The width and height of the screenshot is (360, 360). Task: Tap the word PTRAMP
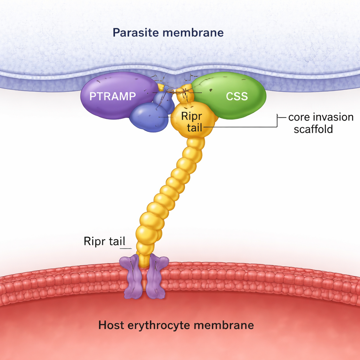coord(112,96)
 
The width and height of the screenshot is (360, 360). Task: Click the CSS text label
coord(237,96)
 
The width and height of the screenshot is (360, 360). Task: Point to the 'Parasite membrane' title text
coord(168,33)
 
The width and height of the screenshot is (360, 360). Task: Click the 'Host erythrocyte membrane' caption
coord(176,325)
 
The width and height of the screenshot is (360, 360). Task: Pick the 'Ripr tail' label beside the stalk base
coord(105,242)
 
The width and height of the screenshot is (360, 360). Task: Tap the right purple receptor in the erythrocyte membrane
coord(156,278)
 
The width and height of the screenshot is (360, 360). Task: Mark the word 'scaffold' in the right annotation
coord(313,129)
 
